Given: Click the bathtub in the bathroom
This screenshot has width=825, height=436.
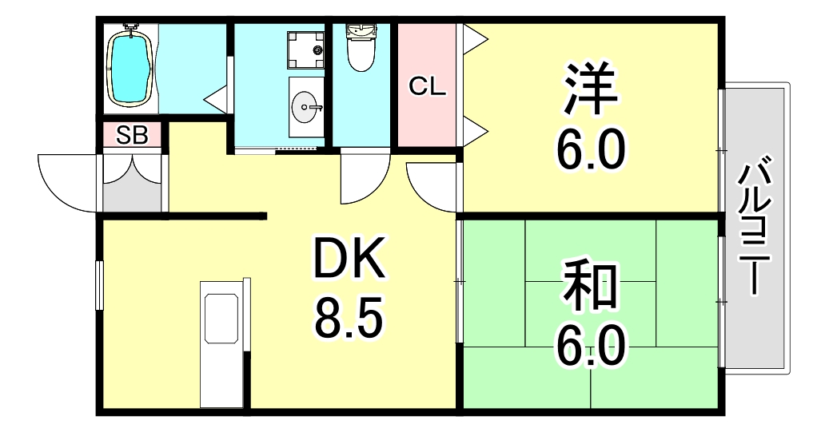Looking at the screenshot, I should coord(130,67).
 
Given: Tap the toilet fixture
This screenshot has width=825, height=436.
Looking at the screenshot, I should coord(361,48).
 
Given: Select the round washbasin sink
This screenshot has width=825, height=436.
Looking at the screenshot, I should coord(305,106).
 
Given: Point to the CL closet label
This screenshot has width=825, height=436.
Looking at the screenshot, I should coord(427,85).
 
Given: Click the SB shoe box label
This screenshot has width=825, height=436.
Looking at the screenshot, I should coord(132,136).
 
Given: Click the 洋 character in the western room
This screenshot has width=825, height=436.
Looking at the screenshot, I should coord(591,89).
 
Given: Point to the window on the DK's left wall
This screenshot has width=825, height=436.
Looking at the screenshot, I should coord(99,284).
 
